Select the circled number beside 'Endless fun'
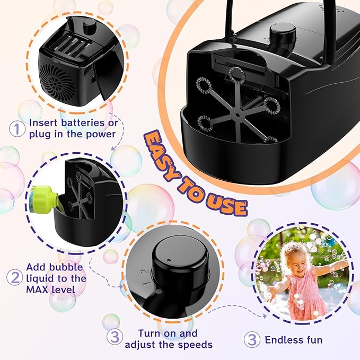(252, 339)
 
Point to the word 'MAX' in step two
(38, 290)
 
